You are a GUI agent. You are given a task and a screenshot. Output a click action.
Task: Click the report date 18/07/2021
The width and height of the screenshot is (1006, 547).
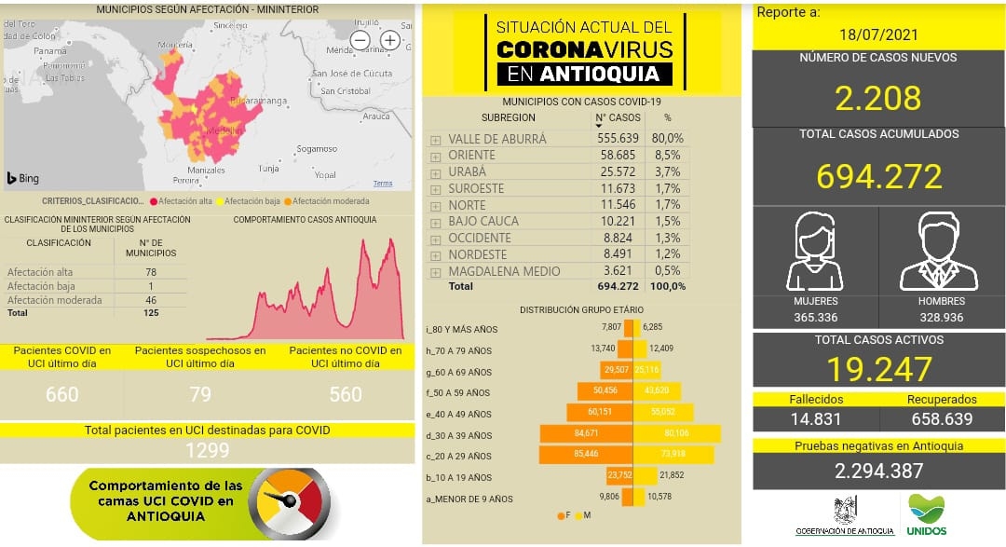coord(878,35)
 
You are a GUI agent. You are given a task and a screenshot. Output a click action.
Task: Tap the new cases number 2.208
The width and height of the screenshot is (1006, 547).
coord(878,98)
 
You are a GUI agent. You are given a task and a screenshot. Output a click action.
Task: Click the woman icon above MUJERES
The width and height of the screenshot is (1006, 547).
coord(815,253)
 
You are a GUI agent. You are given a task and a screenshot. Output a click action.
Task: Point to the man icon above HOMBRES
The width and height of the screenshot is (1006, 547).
coord(939,253)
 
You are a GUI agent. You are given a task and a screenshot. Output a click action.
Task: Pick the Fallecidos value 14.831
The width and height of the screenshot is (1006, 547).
coord(815,420)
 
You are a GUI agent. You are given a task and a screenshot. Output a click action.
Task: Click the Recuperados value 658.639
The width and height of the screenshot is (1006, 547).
coord(941,420)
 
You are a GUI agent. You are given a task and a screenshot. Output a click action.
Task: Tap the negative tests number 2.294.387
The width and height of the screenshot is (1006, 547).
coord(878,472)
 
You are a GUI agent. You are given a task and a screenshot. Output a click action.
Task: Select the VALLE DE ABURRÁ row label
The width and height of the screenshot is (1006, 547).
coord(496,139)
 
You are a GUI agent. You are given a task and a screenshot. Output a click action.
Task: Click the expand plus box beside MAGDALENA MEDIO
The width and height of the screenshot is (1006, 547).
coord(435,272)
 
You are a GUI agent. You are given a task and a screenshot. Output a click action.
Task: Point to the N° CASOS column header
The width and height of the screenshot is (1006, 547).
coord(618,118)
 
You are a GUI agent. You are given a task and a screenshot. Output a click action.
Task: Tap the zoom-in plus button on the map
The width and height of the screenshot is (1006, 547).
coord(390,40)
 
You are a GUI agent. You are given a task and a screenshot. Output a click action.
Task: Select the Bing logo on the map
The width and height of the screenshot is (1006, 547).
coord(23,177)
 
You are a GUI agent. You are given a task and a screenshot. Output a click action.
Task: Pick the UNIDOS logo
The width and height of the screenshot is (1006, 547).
coord(926,513)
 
